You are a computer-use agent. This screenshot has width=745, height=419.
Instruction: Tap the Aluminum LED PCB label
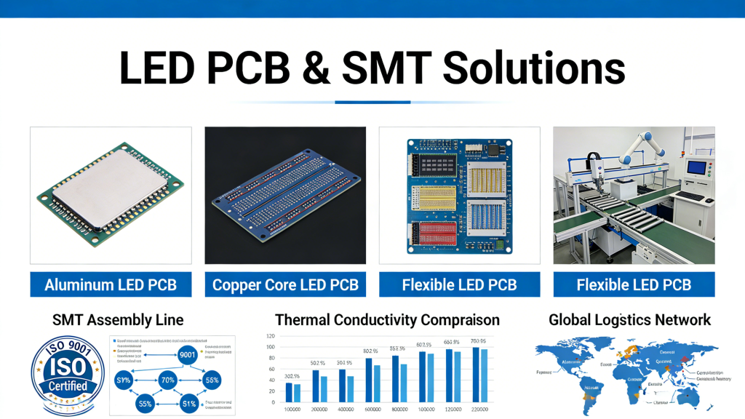pos(111,284)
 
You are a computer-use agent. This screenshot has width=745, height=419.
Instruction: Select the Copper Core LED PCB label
pos(285,284)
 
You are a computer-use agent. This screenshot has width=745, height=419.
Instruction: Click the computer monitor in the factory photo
pos(696,168)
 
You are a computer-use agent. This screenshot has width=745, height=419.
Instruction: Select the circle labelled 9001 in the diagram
pos(188,355)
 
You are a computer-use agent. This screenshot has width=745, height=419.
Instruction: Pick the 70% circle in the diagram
pos(168,380)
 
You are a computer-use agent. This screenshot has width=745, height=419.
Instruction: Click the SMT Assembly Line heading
pos(118,319)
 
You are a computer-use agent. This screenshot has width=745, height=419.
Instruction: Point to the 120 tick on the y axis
pos(271,336)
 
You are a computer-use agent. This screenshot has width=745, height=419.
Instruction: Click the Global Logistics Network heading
pos(629,319)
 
